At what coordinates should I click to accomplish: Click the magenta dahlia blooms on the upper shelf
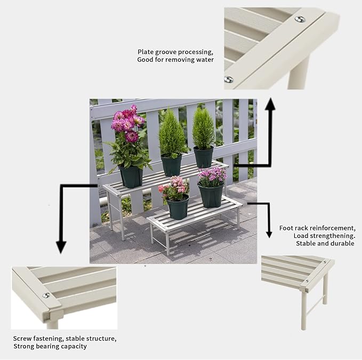coord(127,124)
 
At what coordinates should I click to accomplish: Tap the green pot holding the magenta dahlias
coord(131,175)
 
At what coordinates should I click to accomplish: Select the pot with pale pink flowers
coord(178,206)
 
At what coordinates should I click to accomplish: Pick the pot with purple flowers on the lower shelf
coord(211,195)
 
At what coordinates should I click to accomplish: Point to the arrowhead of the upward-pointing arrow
coord(270,105)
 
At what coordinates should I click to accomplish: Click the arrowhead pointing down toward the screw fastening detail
coord(61,246)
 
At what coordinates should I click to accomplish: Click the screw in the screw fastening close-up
coord(46,295)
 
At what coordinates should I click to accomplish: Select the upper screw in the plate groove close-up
coord(300,19)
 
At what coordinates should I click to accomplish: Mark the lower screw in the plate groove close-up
coord(228,79)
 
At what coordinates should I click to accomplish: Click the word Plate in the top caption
coord(146,52)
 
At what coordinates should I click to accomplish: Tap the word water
coord(204,60)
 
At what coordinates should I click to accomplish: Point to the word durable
coord(342,243)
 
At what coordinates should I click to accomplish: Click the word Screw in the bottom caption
coord(23,338)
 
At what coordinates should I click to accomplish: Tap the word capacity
coord(75,347)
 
